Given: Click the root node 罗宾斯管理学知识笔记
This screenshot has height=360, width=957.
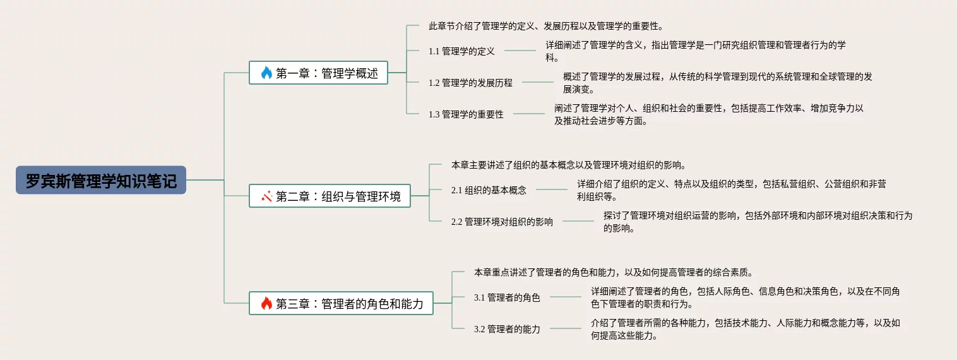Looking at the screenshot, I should (x=101, y=180).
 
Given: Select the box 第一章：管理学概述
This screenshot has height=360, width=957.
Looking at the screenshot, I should (x=318, y=73).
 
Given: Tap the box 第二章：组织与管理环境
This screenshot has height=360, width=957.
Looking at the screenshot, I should (x=330, y=196).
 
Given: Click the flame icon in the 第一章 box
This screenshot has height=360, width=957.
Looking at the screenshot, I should (x=266, y=73).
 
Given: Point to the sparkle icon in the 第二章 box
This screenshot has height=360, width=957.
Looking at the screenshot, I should (x=266, y=196).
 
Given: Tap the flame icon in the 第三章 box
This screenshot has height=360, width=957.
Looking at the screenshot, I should (x=266, y=303).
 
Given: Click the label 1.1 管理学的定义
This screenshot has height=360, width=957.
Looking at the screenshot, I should (x=461, y=51).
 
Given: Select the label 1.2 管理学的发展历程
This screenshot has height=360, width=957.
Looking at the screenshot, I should (x=470, y=82).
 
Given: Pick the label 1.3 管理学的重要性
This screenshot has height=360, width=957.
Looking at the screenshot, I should (x=466, y=114).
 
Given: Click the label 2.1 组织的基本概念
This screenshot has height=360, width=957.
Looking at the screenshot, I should (x=489, y=189).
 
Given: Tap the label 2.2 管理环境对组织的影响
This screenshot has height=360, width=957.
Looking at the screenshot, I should (x=502, y=222).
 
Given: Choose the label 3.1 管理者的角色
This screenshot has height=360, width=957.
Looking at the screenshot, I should (x=507, y=297).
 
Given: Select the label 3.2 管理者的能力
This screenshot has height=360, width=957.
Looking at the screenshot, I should (x=507, y=329).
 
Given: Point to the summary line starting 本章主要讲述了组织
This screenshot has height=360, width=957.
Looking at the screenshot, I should (x=568, y=165).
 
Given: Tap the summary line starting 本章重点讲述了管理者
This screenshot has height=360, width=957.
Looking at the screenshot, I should (x=613, y=272).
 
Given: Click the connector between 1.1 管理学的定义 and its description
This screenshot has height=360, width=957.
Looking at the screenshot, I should (x=520, y=51).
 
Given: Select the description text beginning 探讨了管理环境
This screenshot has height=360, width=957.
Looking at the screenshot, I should (x=758, y=222).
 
